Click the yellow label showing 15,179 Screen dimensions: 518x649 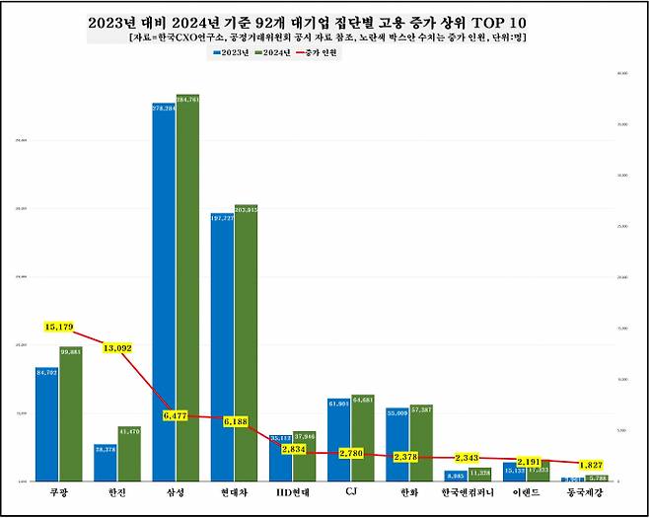click(59, 327)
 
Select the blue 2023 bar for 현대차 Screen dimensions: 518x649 click(222, 346)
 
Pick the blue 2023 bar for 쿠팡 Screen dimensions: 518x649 click(47, 424)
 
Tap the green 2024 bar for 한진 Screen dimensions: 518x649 click(129, 454)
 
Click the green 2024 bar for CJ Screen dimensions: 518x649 click(362, 438)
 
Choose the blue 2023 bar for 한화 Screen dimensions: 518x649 click(397, 444)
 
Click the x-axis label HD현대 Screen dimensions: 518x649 click(292, 490)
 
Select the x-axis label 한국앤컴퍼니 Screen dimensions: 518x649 click(467, 490)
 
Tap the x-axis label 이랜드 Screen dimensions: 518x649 click(525, 490)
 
